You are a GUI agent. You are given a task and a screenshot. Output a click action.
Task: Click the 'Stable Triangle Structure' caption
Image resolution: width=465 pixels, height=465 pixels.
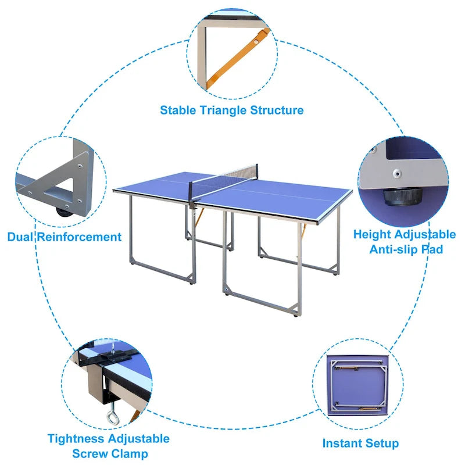tap(232, 110)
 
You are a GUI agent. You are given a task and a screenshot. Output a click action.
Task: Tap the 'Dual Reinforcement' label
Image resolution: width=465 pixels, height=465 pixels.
tap(64, 237)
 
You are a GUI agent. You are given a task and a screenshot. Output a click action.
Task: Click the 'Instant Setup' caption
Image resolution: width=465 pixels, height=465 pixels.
tap(360, 443)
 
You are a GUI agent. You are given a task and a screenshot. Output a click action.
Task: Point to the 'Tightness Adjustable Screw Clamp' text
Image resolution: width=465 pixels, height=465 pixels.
tap(109, 446)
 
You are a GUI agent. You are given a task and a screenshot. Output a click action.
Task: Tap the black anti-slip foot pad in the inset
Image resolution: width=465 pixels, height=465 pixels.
tap(399, 196)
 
